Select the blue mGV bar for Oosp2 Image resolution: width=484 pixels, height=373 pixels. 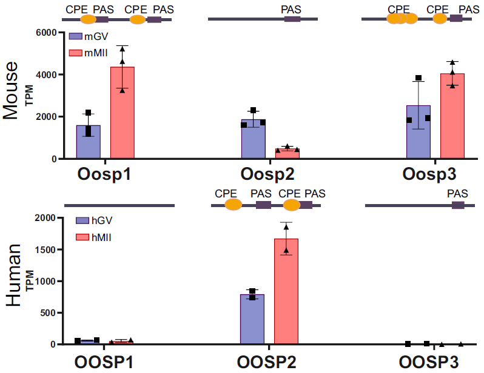coord(253,139)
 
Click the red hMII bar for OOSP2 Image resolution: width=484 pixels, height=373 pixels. coord(286,291)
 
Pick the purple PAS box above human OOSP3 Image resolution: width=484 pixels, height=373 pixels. coord(458,206)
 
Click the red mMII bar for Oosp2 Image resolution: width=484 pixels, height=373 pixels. coord(287,154)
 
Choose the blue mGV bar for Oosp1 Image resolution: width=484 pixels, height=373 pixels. coord(88,142)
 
